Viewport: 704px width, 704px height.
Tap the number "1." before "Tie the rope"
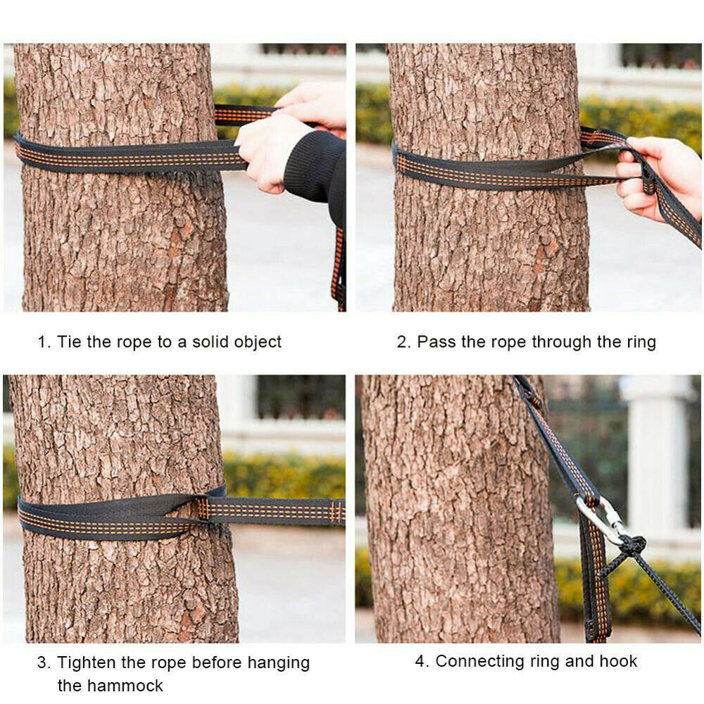[44, 342]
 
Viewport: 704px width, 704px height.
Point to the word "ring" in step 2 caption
[639, 343]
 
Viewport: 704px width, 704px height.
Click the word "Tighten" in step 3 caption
[87, 663]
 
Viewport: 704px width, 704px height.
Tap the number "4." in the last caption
[421, 662]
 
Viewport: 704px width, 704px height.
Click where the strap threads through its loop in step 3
[201, 508]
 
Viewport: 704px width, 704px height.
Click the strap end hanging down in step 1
[339, 268]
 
